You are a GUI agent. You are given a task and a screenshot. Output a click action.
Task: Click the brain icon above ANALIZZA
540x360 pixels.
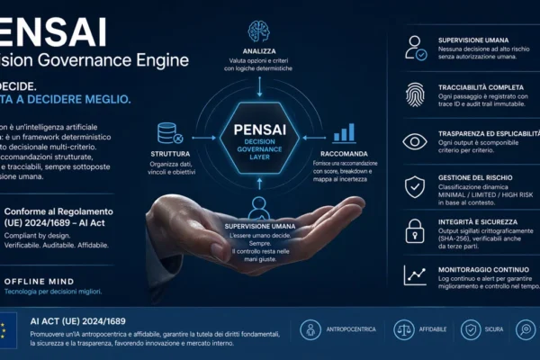coord(259,32)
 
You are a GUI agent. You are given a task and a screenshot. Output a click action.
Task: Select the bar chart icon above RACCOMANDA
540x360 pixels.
coord(344,133)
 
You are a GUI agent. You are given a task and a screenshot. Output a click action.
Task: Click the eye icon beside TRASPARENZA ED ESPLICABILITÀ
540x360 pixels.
coord(415,141)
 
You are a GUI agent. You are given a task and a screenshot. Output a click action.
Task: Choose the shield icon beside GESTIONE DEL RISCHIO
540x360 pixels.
coord(415,186)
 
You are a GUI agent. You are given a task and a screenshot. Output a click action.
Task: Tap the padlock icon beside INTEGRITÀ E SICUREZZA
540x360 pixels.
coord(415,229)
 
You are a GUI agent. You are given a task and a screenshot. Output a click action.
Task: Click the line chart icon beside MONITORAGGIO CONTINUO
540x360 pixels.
coord(415,274)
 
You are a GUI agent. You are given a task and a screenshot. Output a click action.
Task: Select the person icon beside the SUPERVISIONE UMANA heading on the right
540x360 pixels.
coord(415,48)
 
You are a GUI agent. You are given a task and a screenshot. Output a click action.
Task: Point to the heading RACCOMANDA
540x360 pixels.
coord(344,154)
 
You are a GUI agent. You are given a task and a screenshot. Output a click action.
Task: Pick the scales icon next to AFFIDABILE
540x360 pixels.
coord(404,329)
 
